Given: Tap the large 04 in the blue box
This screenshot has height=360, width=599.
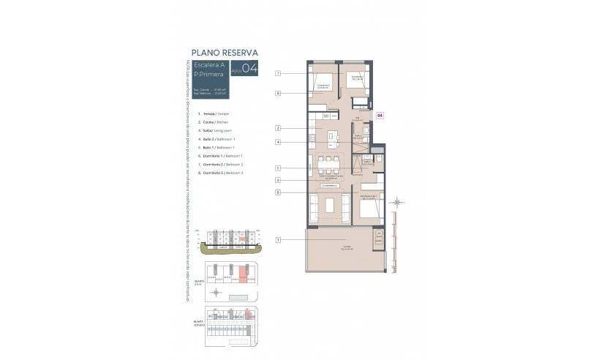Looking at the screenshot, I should (x=249, y=70).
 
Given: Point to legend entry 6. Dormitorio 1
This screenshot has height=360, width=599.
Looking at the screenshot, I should (x=220, y=156).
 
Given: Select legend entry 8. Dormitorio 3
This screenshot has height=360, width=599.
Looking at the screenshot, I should (x=220, y=173).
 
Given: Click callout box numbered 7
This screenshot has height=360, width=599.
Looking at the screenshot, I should (x=278, y=74).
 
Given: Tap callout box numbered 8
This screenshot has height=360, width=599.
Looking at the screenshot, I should (x=278, y=94).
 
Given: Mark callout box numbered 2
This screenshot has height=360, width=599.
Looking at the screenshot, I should (x=278, y=128).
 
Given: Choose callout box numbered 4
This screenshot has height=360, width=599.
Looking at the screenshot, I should (x=278, y=142).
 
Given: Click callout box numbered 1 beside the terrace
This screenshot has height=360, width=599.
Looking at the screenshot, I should (x=278, y=240).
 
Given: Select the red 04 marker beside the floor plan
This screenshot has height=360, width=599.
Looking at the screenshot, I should (x=379, y=115).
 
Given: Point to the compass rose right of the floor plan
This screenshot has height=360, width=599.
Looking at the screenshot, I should (x=397, y=201).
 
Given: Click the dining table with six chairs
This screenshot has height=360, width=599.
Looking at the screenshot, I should (x=327, y=162).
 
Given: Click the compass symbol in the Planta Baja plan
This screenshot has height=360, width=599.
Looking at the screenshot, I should (x=216, y=292).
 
